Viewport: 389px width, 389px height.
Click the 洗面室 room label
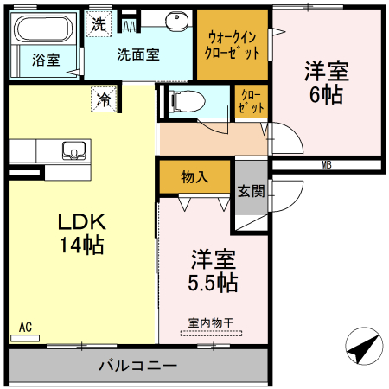click(x=138, y=54)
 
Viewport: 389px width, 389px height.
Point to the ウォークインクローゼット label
click(x=233, y=44)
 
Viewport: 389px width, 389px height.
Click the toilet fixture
click(x=184, y=101)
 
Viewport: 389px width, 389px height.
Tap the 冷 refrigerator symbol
click(x=104, y=99)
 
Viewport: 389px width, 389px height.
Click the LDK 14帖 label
click(x=80, y=233)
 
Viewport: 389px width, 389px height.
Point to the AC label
click(x=25, y=328)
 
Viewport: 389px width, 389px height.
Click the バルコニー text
click(x=137, y=366)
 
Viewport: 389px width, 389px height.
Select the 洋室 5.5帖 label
click(x=214, y=271)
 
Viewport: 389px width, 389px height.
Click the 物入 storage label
click(x=194, y=177)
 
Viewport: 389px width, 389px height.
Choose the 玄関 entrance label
click(x=250, y=191)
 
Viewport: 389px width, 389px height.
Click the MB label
click(x=327, y=164)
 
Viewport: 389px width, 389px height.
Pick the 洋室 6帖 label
click(x=326, y=82)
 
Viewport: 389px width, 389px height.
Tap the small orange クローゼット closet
click(x=252, y=101)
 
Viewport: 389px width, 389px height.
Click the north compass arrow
click(x=363, y=348)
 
